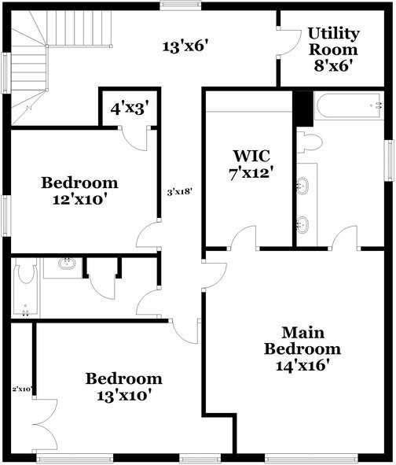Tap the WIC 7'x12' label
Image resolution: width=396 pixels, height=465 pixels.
[251, 164]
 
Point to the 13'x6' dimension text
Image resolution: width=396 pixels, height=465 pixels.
[184, 46]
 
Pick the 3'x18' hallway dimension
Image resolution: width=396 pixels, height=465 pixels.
[181, 192]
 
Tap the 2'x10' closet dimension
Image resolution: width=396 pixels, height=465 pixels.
[22, 389]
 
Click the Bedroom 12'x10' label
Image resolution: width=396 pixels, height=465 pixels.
[79, 190]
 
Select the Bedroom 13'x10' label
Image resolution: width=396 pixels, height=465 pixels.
[124, 386]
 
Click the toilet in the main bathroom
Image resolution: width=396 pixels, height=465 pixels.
[310, 142]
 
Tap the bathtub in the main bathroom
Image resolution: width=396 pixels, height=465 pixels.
[349, 106]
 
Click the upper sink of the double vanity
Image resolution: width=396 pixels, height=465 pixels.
[302, 186]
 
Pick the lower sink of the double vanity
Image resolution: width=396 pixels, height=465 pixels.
[302, 224]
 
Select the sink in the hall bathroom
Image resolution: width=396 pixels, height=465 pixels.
[67, 263]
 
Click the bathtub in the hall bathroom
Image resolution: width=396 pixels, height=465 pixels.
[26, 286]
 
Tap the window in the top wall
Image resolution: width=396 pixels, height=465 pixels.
[181, 5]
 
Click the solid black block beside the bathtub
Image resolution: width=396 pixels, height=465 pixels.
[302, 109]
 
